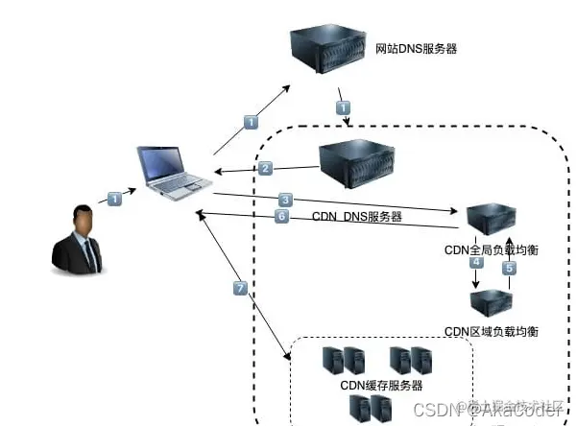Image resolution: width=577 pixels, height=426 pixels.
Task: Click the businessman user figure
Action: (x=82, y=240)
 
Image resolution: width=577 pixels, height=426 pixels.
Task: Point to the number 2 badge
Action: (x=266, y=168)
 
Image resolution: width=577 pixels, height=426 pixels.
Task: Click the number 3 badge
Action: (x=285, y=200)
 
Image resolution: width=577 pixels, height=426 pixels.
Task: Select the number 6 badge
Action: (x=281, y=217)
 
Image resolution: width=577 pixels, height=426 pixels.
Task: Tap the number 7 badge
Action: (x=241, y=288)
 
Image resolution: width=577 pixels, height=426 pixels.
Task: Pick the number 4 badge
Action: (x=475, y=262)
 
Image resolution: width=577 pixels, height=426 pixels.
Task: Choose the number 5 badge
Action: (x=509, y=269)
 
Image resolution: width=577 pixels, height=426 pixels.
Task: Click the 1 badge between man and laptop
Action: (x=114, y=200)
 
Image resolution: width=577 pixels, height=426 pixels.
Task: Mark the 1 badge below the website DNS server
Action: (x=343, y=108)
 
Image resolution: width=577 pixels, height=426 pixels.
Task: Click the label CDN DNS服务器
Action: (x=356, y=218)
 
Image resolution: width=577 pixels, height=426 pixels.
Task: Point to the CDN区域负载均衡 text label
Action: (x=491, y=331)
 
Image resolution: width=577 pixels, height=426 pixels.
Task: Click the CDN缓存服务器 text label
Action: (x=379, y=386)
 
